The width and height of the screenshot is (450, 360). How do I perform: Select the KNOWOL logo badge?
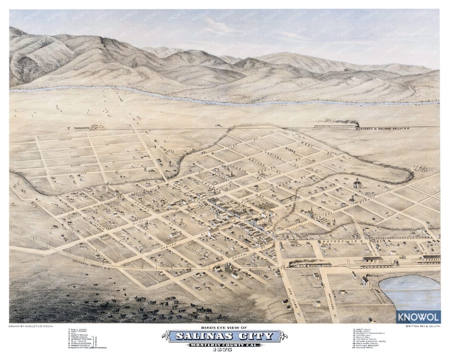point(418,316)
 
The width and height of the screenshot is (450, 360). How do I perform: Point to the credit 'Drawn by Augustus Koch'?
point(28,327)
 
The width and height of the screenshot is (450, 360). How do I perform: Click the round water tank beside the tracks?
point(397,264)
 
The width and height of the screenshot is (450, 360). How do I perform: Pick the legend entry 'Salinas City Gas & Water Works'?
point(88,347)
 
